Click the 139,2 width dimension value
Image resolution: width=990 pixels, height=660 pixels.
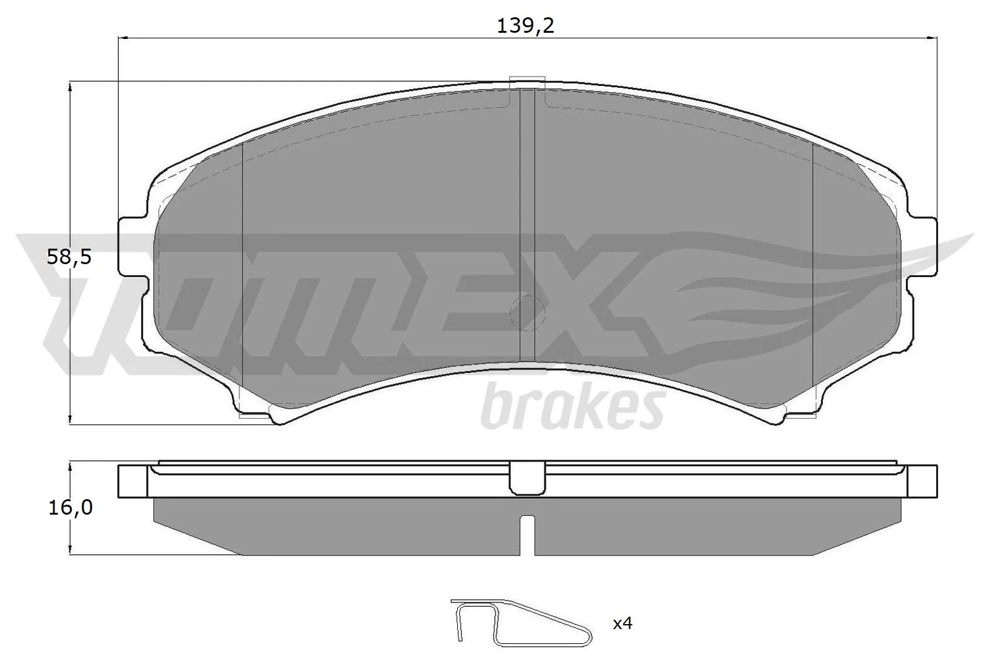coord(525,25)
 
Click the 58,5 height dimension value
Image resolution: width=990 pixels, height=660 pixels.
coord(69,255)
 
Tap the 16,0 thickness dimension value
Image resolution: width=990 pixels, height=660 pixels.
coord(69,507)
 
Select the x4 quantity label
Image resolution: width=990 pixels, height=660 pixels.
coord(622,624)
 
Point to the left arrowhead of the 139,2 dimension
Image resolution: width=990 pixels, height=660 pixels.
coord(123,38)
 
